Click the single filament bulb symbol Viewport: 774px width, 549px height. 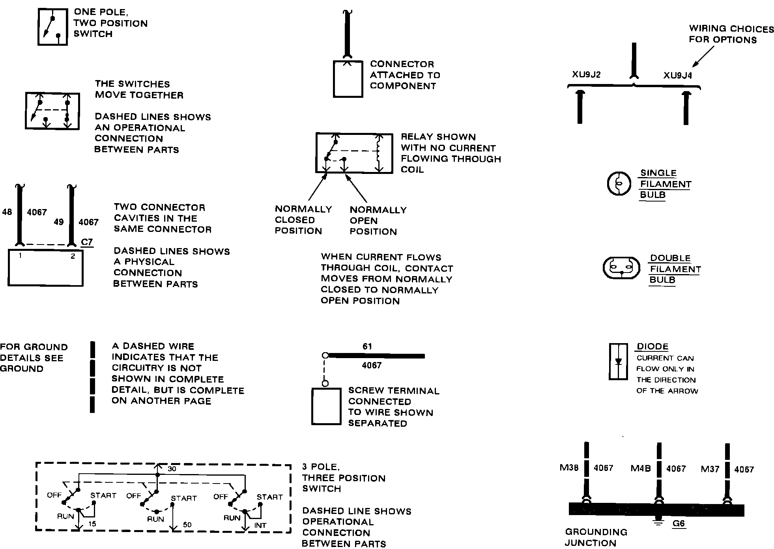(618, 184)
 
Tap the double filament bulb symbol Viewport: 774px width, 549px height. (621, 268)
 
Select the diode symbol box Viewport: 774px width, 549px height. (618, 361)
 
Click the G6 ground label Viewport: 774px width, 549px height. (679, 524)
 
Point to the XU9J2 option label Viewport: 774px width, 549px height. (586, 75)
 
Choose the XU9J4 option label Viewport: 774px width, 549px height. (677, 75)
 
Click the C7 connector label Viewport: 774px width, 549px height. (86, 242)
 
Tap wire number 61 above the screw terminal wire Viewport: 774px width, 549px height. (367, 346)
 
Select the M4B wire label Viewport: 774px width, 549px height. (641, 469)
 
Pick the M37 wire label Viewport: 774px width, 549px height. (710, 469)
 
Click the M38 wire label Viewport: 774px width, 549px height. (569, 468)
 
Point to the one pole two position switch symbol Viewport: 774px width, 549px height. (52, 26)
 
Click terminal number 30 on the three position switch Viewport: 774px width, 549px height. (172, 469)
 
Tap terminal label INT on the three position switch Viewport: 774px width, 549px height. (260, 525)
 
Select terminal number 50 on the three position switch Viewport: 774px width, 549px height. (187, 525)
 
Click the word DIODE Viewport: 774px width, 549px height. (652, 347)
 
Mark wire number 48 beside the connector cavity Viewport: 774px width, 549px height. (7, 212)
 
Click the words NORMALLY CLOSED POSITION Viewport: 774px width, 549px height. (303, 220)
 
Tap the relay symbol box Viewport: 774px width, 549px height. (354, 153)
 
